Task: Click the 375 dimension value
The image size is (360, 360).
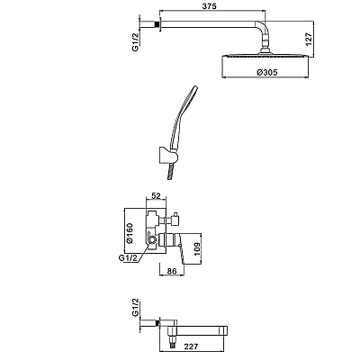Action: click(x=209, y=6)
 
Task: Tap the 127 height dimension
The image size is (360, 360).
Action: click(x=309, y=39)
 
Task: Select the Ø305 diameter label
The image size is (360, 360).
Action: click(x=267, y=72)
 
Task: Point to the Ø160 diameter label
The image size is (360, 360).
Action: click(x=130, y=233)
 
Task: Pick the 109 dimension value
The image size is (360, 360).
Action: click(x=196, y=247)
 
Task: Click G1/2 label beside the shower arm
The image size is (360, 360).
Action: click(x=136, y=42)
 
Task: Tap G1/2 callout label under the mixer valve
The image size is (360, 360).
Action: click(x=128, y=257)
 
